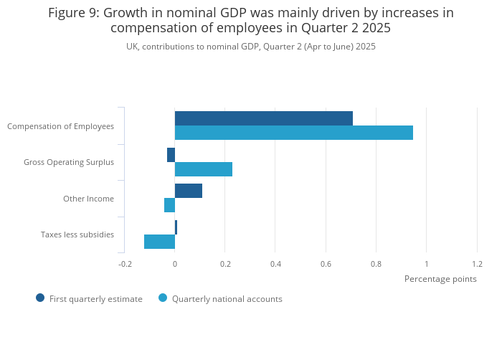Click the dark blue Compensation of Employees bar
[264, 118]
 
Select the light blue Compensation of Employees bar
[294, 133]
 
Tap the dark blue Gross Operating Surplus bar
[171, 155]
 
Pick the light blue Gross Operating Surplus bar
[204, 169]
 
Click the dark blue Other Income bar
[189, 191]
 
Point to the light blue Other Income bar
[170, 205]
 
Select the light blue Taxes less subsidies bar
[160, 242]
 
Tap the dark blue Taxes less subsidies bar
[176, 227]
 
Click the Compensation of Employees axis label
[60, 126]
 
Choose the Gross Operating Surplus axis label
[69, 162]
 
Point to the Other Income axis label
[88, 199]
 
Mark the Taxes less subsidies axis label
[77, 235]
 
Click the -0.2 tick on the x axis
[125, 264]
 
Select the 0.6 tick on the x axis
[326, 264]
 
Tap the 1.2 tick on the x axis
[477, 264]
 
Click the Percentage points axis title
[440, 279]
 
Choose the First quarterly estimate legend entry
[89, 298]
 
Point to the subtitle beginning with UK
[251, 47]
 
